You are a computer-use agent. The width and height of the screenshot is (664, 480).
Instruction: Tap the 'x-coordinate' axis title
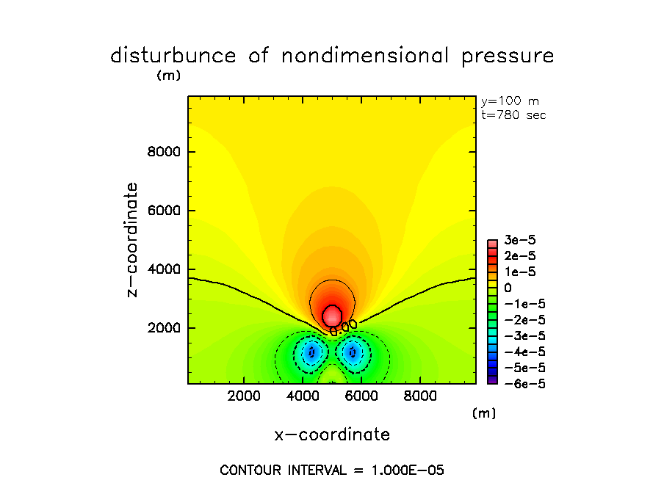point(332,434)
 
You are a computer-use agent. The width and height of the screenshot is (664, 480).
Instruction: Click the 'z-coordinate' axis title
point(132,240)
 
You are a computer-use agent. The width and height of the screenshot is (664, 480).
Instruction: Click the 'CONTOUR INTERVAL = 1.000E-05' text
point(332,470)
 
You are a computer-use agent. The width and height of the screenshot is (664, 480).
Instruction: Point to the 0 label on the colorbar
point(508,288)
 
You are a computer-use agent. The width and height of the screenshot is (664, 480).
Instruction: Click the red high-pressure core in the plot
point(333,316)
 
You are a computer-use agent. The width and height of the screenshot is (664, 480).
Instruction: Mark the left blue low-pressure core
point(311,352)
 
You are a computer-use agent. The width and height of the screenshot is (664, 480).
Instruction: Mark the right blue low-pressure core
point(353,352)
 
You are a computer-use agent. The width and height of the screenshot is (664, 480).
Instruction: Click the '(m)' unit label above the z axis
point(168,75)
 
